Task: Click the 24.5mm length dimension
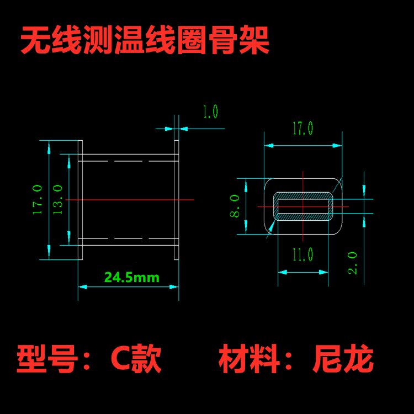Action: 132,278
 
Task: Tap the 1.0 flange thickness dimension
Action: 210,112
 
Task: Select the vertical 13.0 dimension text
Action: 57,199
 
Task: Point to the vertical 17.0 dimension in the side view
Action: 38,199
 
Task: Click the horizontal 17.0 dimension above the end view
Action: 302,129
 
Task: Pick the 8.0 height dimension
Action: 235,206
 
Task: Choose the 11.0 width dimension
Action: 302,254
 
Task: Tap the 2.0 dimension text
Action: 353,263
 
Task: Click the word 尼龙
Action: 343,359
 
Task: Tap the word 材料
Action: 249,359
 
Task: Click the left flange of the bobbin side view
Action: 80,200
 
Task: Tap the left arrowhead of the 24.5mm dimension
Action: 82,286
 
